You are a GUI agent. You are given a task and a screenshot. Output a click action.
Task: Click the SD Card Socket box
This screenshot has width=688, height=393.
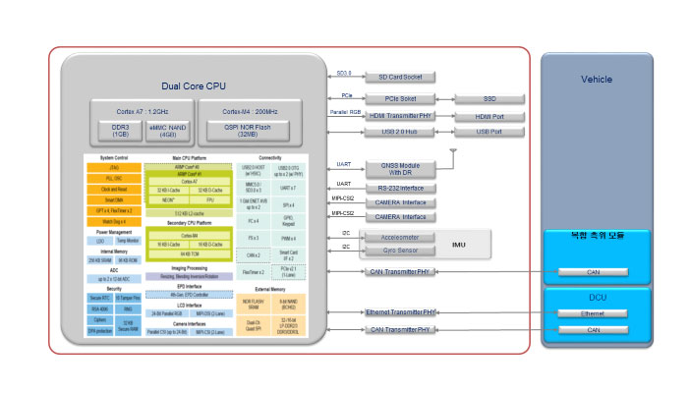coord(400,77)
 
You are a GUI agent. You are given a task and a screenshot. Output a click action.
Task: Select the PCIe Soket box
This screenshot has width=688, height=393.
coord(400,98)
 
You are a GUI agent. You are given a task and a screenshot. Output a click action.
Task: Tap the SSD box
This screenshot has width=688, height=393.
coord(489,98)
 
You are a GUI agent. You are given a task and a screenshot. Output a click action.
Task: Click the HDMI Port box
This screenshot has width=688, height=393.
coord(489,116)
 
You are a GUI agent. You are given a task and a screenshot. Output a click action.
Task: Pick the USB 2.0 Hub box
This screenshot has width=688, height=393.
coord(400,132)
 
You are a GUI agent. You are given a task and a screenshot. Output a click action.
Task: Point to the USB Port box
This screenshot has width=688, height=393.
coord(489,132)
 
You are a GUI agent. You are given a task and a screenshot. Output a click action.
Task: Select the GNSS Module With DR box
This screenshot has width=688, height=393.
coord(400,169)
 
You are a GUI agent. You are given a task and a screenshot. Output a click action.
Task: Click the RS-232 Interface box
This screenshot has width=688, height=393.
coord(400,189)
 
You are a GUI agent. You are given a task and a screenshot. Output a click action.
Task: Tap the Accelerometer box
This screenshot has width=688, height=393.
coord(400,237)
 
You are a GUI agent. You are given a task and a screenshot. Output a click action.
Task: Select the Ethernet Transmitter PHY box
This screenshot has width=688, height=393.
coord(400,311)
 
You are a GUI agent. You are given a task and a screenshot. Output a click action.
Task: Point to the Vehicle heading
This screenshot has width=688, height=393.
coord(597,80)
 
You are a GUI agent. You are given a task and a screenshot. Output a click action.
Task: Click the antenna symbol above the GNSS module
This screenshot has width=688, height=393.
coord(452,153)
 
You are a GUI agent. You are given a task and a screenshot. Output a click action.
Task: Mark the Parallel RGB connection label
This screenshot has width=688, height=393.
coord(340,112)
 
